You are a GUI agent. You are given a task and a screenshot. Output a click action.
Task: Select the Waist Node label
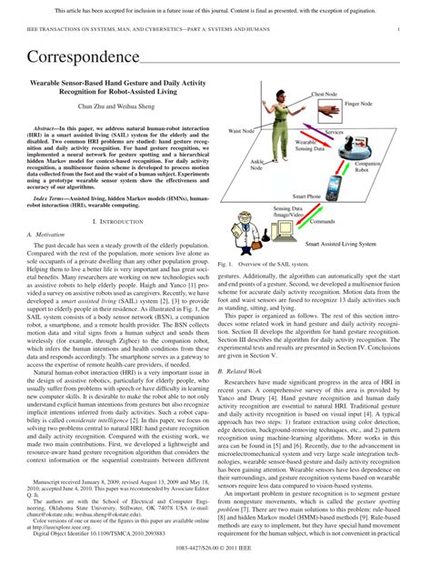(241, 132)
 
